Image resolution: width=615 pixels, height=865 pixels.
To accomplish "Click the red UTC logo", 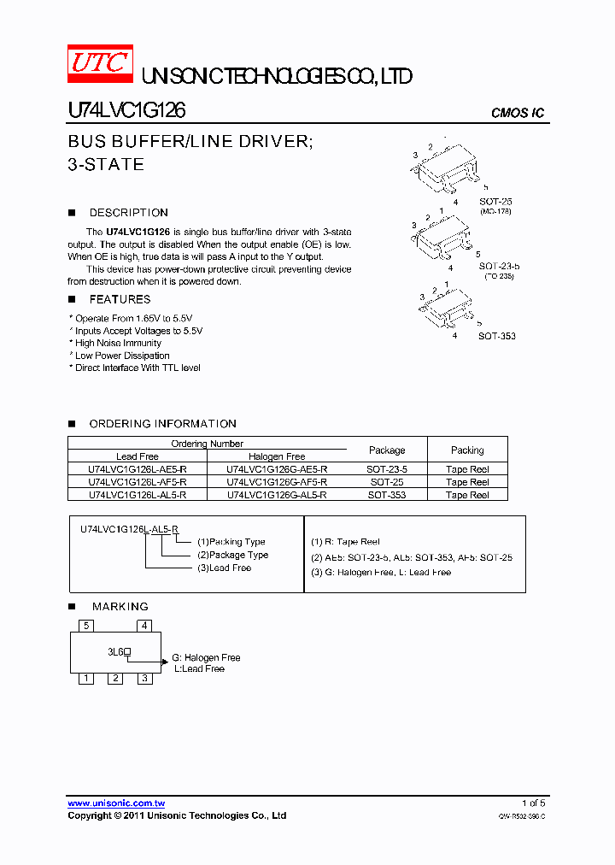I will pos(100,64).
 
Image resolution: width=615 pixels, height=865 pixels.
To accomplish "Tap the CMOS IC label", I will pos(518,113).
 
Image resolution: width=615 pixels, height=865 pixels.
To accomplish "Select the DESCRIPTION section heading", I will pos(128,213).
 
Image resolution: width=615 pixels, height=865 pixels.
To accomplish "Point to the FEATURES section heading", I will pos(120,299).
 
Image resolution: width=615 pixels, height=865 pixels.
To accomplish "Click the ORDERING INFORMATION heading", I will pos(162,424).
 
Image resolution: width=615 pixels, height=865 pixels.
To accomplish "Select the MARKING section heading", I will pos(120,606).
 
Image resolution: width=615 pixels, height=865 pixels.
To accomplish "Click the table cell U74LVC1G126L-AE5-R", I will pos(138,469).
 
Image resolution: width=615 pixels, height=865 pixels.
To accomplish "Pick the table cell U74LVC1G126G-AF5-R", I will pos(277,482).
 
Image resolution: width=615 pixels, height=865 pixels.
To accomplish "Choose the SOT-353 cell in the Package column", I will pos(386,495).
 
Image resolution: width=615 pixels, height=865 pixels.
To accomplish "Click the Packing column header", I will pos(467,450).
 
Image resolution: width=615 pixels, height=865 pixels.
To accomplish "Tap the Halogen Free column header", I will pos(277,456).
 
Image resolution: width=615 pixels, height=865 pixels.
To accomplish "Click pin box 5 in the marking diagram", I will pos(86,626).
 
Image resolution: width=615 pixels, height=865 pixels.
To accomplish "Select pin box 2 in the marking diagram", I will pos(115,679).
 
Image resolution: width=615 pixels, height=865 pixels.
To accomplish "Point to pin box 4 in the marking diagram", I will pos(145,626).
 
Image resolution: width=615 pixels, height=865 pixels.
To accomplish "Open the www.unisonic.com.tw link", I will pos(116,803).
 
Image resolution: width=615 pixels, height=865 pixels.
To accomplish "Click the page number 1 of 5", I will pos(533,803).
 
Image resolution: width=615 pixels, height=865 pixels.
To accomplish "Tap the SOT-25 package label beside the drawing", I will pos(495,202).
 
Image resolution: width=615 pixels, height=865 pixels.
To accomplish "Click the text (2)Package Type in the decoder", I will pos(232,555).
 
